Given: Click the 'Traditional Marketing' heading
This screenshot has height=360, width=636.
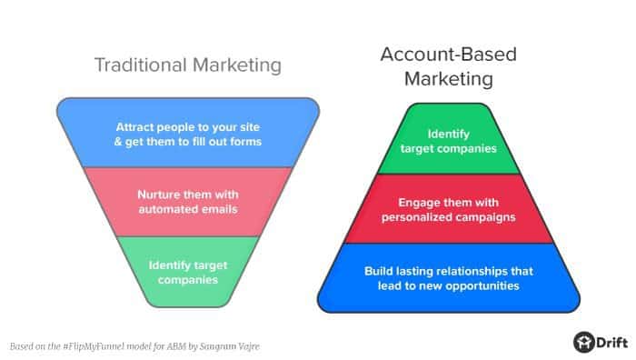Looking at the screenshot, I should (x=188, y=65).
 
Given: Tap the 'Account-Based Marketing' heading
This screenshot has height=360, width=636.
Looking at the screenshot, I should (x=448, y=67).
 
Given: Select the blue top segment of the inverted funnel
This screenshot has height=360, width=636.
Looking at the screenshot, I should (x=188, y=133).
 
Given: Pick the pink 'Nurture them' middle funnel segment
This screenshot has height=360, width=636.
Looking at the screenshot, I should (x=188, y=203).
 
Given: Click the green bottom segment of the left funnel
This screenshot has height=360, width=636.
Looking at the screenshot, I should (x=188, y=271).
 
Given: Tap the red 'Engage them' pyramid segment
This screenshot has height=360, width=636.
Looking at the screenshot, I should (x=448, y=210).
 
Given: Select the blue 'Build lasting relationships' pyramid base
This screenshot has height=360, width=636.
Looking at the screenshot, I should (x=448, y=278).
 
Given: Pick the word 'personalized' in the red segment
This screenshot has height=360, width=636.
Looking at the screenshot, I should (x=416, y=217).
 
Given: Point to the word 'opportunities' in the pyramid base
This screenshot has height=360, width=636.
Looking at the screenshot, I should (x=485, y=285).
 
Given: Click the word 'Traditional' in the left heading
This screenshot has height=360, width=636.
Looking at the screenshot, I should (x=144, y=65).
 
